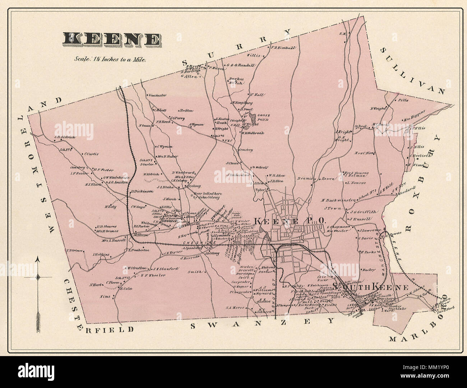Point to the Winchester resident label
coord(157,95)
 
